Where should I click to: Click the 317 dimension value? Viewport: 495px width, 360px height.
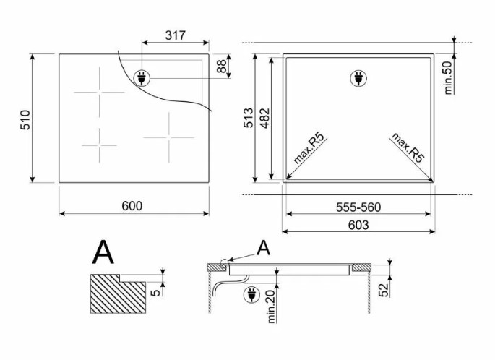[x=176, y=35]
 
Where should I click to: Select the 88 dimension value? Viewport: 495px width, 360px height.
[x=222, y=66]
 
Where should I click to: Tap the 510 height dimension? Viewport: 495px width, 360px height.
[x=25, y=120]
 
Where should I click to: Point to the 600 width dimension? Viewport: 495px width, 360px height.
[x=132, y=206]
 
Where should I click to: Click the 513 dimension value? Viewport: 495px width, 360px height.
[x=249, y=118]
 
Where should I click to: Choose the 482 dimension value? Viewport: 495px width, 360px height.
[x=264, y=118]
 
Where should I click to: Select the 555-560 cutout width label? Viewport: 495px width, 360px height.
[x=358, y=207]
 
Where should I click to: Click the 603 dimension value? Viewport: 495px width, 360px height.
[x=358, y=225]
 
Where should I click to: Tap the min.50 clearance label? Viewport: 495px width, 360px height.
[x=448, y=77]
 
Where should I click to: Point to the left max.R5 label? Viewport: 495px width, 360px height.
[x=309, y=148]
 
